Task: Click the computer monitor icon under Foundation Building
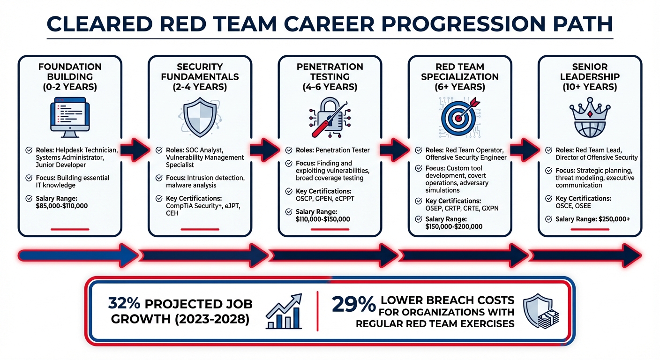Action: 70,117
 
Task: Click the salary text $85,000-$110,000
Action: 62,206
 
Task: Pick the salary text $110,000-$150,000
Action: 323,219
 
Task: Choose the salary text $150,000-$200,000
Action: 454,226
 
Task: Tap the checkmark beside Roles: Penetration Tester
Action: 289,150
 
